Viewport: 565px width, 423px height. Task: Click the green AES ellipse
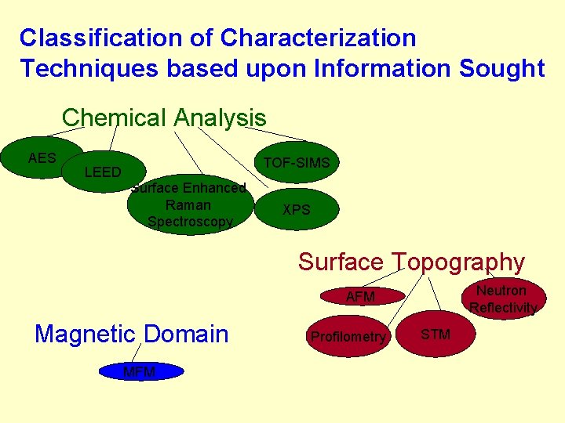42,157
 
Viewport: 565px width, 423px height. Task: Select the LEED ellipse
102,172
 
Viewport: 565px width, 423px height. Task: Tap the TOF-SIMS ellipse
297,162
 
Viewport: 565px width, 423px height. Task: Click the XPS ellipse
297,210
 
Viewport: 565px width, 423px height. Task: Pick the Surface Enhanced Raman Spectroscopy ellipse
189,205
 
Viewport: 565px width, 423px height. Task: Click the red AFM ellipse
360,297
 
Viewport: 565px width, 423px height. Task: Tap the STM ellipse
436,334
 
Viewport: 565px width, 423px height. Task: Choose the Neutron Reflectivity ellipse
502,299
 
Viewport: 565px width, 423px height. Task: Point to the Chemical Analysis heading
164,118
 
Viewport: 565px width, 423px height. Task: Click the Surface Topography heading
411,262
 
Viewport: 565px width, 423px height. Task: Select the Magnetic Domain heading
132,334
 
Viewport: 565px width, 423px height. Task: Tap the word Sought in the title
502,69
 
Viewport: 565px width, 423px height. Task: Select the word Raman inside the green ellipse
188,205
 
